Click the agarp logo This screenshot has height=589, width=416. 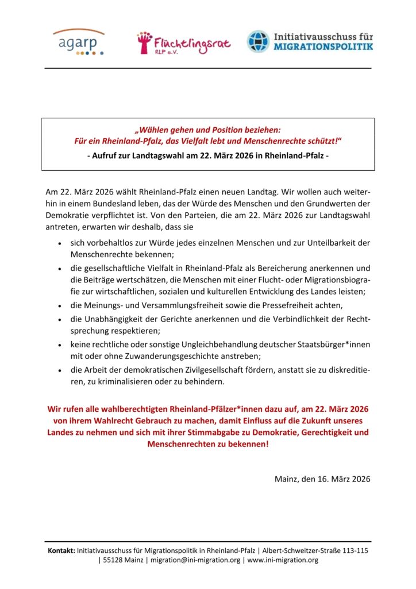pyautogui.click(x=79, y=41)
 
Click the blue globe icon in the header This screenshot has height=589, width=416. pyautogui.click(x=258, y=41)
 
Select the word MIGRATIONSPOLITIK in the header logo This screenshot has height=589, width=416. pyautogui.click(x=323, y=46)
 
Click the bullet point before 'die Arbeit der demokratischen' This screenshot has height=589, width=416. pyautogui.click(x=61, y=370)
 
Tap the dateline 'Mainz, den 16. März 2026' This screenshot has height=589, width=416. pyautogui.click(x=322, y=479)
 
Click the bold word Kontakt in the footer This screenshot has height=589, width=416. pyautogui.click(x=61, y=550)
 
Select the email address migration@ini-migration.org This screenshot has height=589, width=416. pyautogui.click(x=195, y=560)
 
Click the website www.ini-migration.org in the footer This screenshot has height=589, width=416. pyautogui.click(x=282, y=560)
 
